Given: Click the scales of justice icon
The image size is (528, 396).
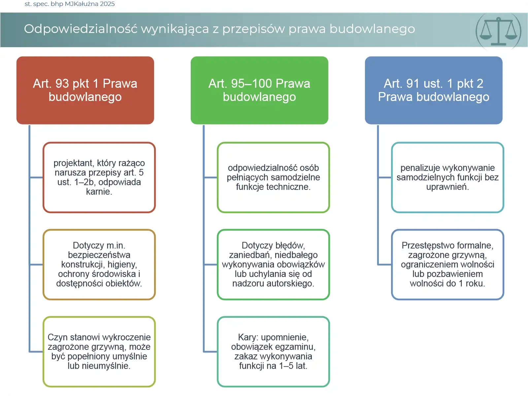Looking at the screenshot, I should coord(498,31).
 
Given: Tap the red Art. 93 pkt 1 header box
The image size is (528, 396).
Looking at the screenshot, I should coord(85,90).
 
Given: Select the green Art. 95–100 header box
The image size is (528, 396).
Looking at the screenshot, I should coord(259,90).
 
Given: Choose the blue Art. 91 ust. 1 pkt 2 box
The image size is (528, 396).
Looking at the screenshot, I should coord(434,90).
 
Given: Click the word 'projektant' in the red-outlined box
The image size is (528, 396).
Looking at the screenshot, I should coord(73,163).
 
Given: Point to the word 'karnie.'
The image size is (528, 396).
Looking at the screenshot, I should coord(99,192).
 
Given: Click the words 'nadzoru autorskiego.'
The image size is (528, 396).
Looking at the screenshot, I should coord(273,283).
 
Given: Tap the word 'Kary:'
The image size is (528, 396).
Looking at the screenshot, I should coord(248,337).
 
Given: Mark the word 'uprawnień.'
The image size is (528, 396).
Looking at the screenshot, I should coord(447,187).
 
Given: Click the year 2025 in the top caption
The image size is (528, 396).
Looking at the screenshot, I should coord(107,4).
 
